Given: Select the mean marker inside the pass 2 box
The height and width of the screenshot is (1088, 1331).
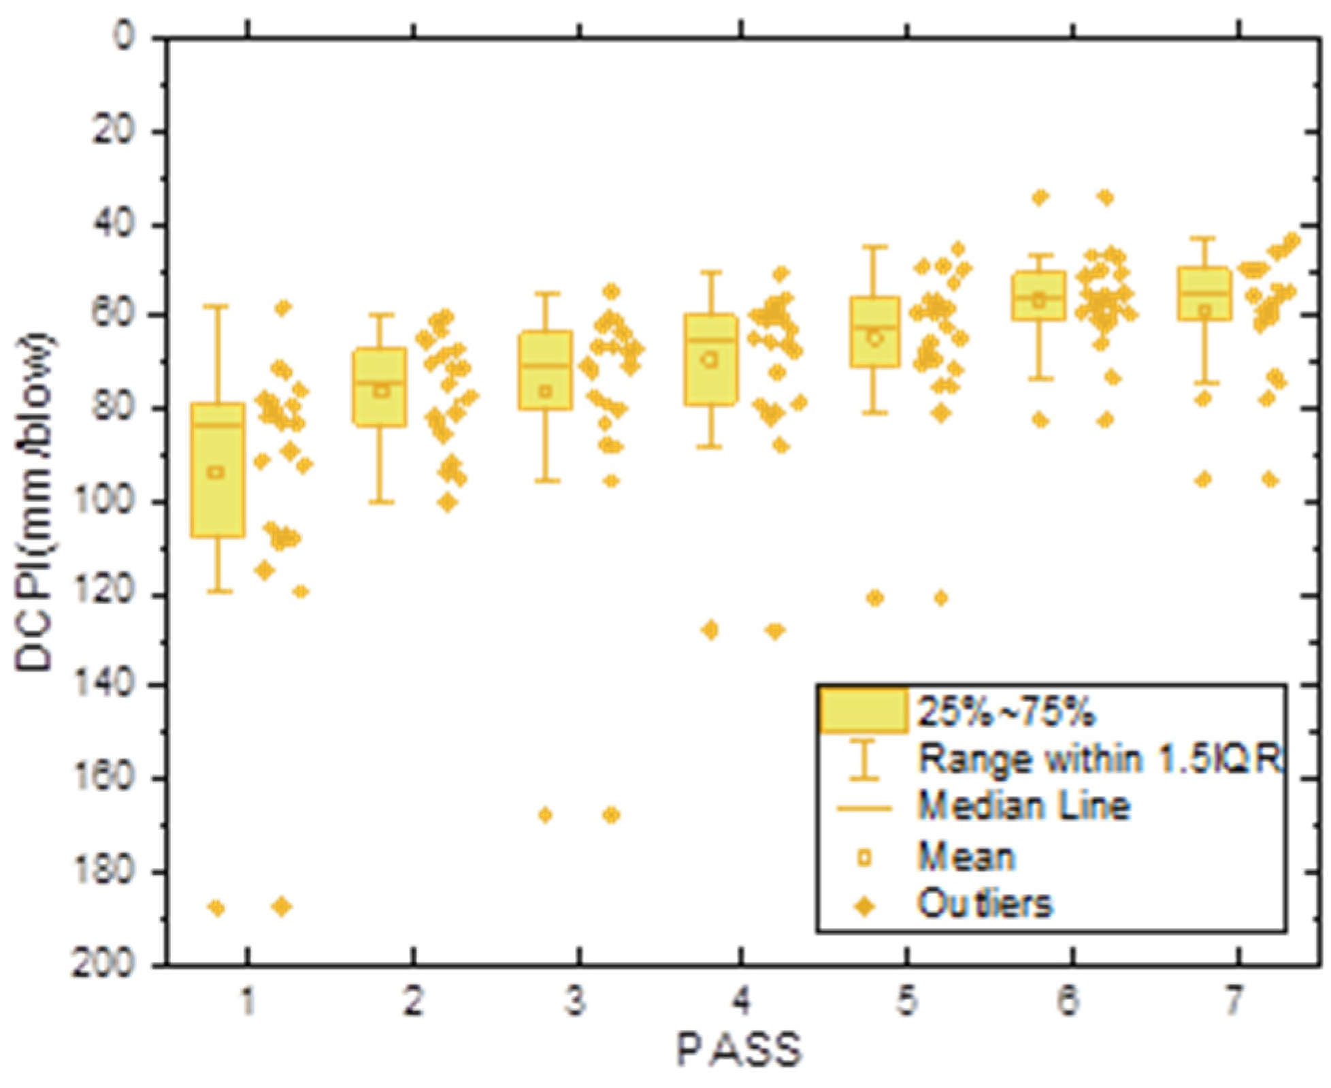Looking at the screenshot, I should coord(382,391).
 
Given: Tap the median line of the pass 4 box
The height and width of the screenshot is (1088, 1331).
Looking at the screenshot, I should coord(710,339).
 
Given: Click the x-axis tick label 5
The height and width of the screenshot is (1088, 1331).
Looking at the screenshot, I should coord(906,1002).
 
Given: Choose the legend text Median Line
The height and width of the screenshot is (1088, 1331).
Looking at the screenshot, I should coord(1023,807).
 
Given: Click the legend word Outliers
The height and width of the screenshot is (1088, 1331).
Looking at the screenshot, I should coord(985,905).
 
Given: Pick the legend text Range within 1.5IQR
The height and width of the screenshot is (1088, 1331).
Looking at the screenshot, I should coord(1099,758).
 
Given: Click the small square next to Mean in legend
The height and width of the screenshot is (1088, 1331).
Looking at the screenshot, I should coord(864,858).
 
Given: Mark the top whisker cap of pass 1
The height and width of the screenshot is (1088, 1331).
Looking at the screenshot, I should coord(218,307).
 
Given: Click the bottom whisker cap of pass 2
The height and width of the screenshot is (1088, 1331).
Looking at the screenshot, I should coord(381,502).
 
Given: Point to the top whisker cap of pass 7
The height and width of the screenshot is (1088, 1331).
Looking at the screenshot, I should coord(1204,238).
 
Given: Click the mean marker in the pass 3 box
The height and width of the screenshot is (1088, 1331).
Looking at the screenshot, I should coord(545,391).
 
